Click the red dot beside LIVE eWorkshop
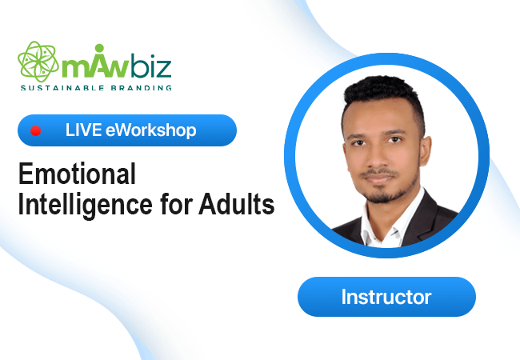tap(35, 130)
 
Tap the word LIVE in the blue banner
tap(83, 130)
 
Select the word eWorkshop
tap(151, 130)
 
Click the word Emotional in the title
tap(77, 174)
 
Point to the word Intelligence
tap(86, 205)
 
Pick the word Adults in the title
tap(237, 203)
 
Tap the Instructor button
tap(386, 297)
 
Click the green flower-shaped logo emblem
tap(38, 62)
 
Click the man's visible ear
tap(426, 153)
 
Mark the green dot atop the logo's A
tap(99, 48)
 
